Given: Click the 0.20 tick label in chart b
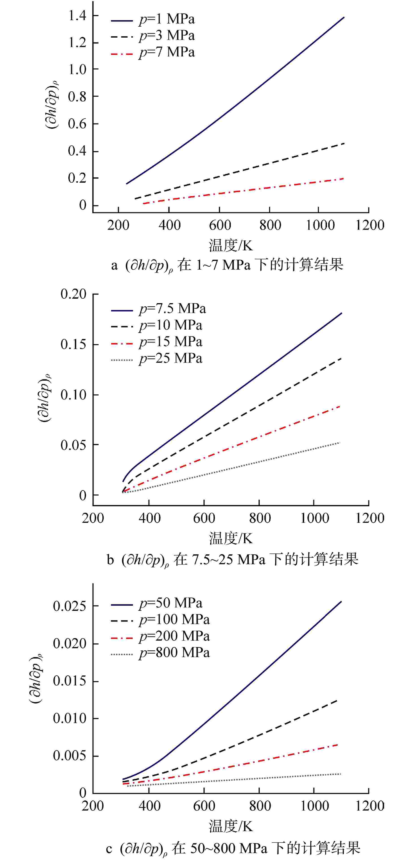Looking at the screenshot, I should click(73, 294).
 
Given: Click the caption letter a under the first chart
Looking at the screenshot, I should click(115, 265).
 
